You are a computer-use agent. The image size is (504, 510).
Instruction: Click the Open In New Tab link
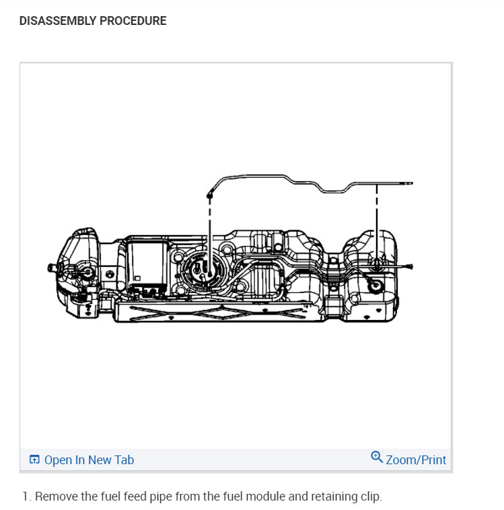coord(89,460)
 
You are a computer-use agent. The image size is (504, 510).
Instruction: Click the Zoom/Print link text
coord(416,460)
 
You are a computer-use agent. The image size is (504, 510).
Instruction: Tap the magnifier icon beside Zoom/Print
coord(377,457)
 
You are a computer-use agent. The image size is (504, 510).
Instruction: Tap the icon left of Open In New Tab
coord(35,460)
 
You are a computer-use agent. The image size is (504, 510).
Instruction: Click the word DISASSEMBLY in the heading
coord(58,21)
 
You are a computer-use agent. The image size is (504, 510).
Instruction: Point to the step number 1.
coord(26,497)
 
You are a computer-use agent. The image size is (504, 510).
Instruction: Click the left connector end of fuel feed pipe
coord(210,195)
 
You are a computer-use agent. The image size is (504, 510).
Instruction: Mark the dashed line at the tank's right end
coord(377,216)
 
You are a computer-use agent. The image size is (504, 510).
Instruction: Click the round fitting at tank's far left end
coord(86,272)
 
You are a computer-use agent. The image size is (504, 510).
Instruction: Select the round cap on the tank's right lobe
coord(375,286)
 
